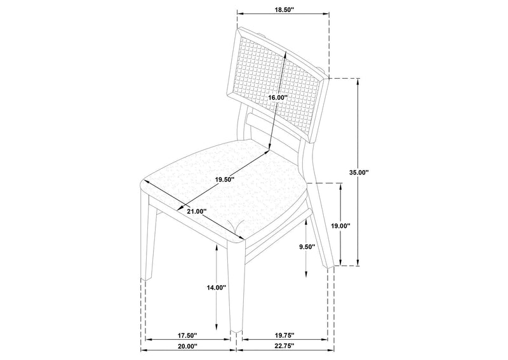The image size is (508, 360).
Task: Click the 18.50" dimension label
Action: tap(284, 10)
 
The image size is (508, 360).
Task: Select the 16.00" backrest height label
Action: tap(277, 97)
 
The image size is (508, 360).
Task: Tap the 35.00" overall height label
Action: tap(359, 172)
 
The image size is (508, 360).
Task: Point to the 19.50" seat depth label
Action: tap(224, 179)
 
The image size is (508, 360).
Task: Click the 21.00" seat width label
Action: tap(197, 211)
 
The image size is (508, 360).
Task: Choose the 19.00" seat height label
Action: tap(341, 226)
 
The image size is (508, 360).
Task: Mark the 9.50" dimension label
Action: tap(307, 247)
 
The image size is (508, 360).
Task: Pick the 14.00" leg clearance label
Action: tap(216, 287)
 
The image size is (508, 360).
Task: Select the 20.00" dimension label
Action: tap(187, 347)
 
